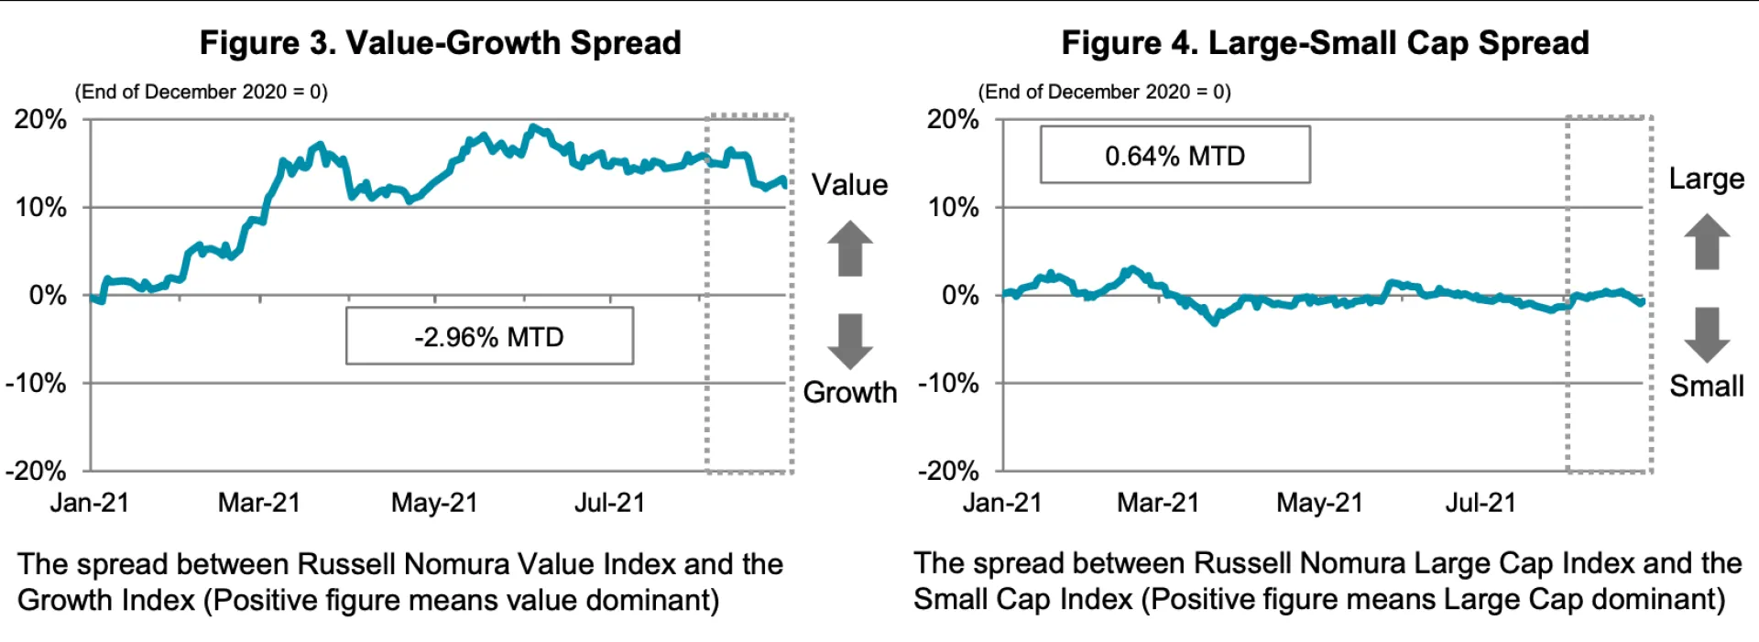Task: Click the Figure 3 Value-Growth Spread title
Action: pyautogui.click(x=440, y=43)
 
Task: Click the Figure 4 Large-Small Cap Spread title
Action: pyautogui.click(x=1325, y=43)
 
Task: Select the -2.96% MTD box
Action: pyautogui.click(x=489, y=337)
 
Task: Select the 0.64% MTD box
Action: pyautogui.click(x=1174, y=156)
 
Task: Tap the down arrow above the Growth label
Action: pyautogui.click(x=850, y=341)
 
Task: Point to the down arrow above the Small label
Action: pyautogui.click(x=1707, y=335)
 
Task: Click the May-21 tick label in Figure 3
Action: pyautogui.click(x=434, y=503)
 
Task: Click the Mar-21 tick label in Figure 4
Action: pyautogui.click(x=1158, y=503)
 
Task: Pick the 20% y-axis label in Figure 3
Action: pyautogui.click(x=40, y=119)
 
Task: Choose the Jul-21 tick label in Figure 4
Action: pyautogui.click(x=1480, y=503)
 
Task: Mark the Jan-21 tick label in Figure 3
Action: pyautogui.click(x=90, y=503)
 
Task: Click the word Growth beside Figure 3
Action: pyautogui.click(x=850, y=392)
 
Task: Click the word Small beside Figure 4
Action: pyautogui.click(x=1707, y=386)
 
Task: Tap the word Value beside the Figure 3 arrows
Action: pyautogui.click(x=850, y=185)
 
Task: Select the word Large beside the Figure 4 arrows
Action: pyautogui.click(x=1707, y=179)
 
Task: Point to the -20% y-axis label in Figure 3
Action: pyautogui.click(x=36, y=471)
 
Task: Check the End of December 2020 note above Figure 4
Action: pyautogui.click(x=1105, y=92)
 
